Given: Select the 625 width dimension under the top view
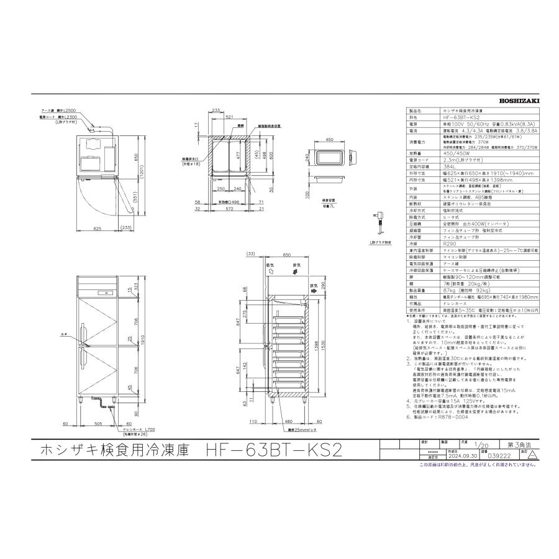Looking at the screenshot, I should (98, 229).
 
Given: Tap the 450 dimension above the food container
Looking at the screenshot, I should (330, 140).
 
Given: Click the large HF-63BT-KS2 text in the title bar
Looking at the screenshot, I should (274, 450).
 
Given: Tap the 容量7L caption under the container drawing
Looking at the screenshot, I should (329, 205).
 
